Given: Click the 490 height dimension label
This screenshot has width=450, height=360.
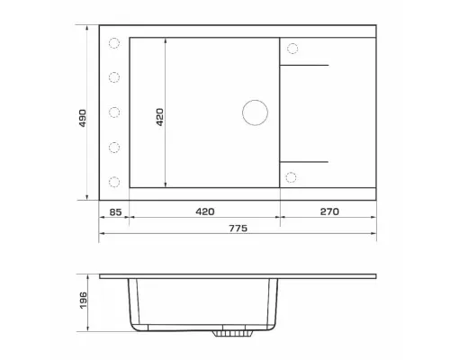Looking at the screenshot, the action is point(83,118).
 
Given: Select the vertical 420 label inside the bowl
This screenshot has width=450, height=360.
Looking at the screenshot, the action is point(160,117).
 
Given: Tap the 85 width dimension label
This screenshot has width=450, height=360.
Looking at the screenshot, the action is point(115,212).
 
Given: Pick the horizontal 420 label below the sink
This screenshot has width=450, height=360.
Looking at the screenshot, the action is point(205,211).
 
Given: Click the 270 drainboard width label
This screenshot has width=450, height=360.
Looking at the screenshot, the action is point(329,211).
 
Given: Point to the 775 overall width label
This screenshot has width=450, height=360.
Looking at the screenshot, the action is point(238,229).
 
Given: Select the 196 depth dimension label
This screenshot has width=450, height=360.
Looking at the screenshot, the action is point(83,300).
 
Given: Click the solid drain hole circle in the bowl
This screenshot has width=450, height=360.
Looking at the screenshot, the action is point(255,112).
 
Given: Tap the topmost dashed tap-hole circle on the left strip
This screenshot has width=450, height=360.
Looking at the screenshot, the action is point(114,43).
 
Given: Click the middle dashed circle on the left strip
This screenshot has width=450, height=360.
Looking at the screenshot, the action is point(114,112).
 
